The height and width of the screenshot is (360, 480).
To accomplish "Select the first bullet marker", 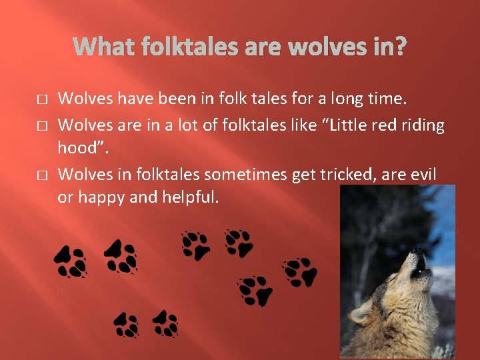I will tap(42, 99).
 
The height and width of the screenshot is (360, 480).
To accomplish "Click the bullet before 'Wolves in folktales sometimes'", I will tap(42, 175).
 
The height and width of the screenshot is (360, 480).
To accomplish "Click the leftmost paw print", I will tap(71, 261).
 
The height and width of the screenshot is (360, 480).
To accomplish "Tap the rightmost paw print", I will tap(299, 272).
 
